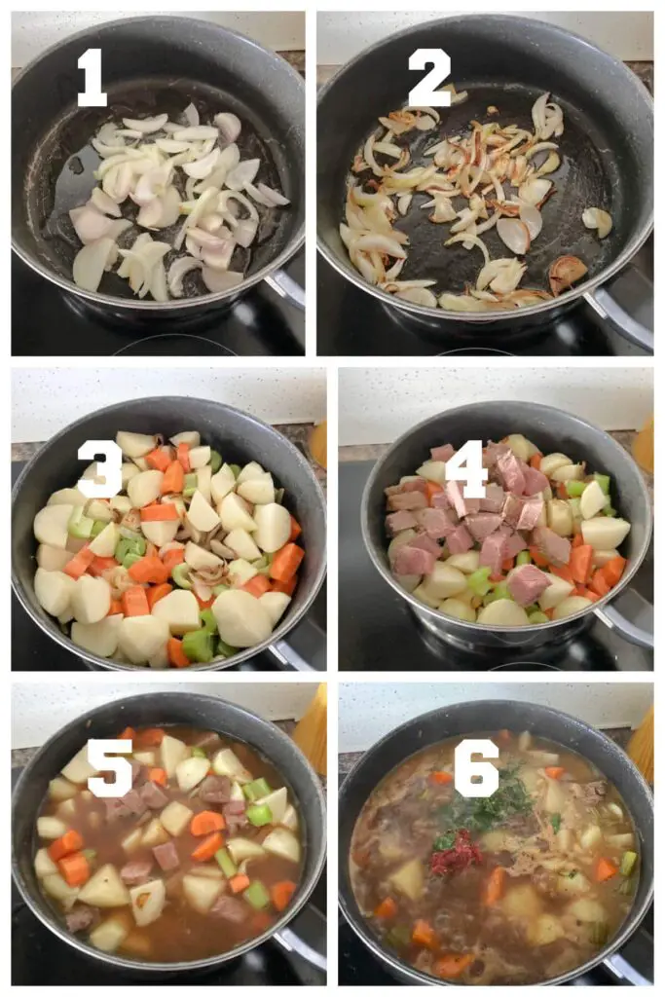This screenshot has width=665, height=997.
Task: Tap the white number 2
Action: coord(429,77)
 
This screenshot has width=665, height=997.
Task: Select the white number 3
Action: coord(100,468)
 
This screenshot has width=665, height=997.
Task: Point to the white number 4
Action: coord(466,468)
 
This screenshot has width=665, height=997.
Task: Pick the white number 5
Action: coord(109,767)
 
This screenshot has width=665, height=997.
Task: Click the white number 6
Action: coord(477,767)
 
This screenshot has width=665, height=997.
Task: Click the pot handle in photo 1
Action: coord(286,289)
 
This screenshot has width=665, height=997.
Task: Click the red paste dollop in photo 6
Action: coord(456,855)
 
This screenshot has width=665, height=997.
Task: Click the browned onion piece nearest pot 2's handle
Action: coord(567,274)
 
